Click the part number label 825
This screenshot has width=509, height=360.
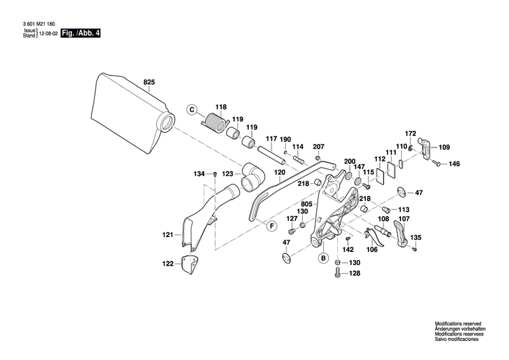click(x=149, y=82)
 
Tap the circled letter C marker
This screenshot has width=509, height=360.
click(x=192, y=109)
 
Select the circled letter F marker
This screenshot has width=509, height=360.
click(x=271, y=226)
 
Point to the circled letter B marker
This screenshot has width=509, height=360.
click(x=324, y=258)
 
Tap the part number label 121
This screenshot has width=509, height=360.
click(x=167, y=235)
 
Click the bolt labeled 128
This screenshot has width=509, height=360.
click(x=338, y=274)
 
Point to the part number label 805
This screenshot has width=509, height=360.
click(x=307, y=204)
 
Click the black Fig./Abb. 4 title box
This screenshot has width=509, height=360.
click(x=80, y=33)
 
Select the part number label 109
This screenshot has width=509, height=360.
click(x=443, y=147)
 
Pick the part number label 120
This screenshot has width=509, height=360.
click(x=280, y=173)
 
